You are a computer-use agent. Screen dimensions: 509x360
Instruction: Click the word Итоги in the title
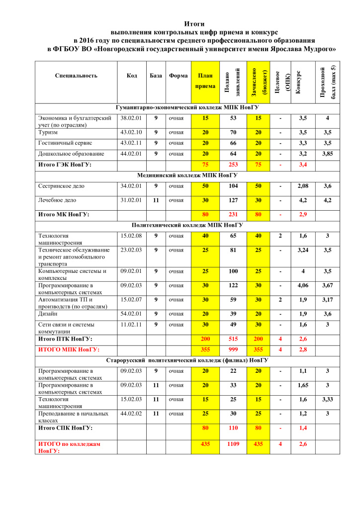click(x=194, y=23)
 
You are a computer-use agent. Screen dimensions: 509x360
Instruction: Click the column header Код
click(x=132, y=76)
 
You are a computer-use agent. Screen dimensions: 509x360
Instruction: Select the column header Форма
click(x=178, y=76)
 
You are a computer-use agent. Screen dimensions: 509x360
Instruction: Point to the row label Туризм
click(x=48, y=133)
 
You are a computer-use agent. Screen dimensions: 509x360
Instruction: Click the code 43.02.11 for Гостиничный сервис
click(x=131, y=143)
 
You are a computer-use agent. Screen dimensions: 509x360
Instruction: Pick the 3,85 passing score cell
click(x=327, y=154)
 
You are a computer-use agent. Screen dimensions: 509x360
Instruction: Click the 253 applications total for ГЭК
click(x=233, y=165)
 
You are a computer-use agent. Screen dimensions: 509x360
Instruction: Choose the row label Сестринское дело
click(x=61, y=186)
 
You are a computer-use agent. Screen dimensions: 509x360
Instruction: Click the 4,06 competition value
click(x=303, y=285)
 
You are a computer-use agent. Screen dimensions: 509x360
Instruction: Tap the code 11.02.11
click(x=131, y=324)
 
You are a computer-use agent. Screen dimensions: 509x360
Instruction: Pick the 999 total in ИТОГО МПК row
click(x=233, y=349)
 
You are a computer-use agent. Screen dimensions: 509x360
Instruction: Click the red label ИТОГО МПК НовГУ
click(x=68, y=349)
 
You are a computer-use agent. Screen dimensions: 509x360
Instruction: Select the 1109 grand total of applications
click(x=233, y=443)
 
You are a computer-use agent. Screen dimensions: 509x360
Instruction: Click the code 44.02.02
click(x=131, y=413)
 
